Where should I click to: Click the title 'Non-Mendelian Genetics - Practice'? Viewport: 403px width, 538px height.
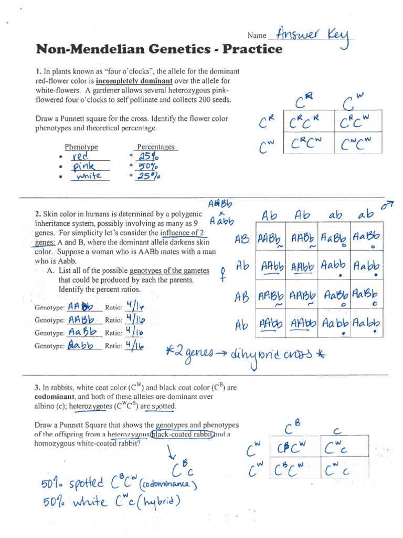[159, 49]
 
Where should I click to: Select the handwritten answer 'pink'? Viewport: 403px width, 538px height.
[83, 167]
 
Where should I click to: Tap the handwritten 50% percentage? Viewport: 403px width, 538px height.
[148, 167]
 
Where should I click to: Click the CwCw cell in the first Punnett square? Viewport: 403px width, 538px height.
[360, 143]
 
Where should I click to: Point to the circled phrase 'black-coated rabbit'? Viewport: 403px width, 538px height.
[182, 434]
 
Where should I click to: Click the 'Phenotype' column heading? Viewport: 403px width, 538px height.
[81, 147]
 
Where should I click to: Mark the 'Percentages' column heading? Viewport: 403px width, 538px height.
[155, 147]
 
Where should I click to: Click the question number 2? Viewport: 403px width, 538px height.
[38, 214]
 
